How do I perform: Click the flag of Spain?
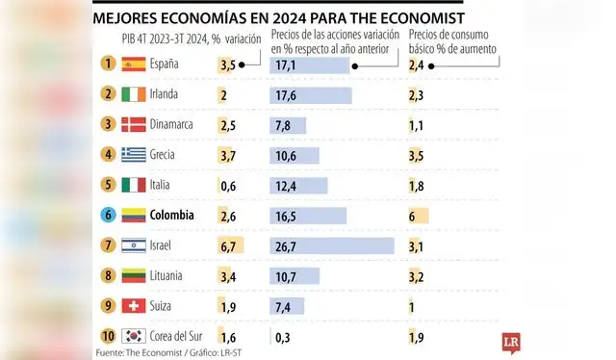134,64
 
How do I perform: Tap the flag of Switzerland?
134,307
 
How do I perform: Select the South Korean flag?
134,337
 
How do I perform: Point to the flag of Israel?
134,246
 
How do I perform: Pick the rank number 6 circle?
108,216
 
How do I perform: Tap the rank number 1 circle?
108,64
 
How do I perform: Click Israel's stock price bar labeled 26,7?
332,246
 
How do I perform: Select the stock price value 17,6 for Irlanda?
285,95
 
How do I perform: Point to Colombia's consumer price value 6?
413,216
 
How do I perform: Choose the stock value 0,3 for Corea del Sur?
283,337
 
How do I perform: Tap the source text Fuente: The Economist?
136,353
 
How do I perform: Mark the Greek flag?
134,155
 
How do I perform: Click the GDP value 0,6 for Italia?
227,186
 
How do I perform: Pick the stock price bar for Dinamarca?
290,125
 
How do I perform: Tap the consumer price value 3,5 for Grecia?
417,155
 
